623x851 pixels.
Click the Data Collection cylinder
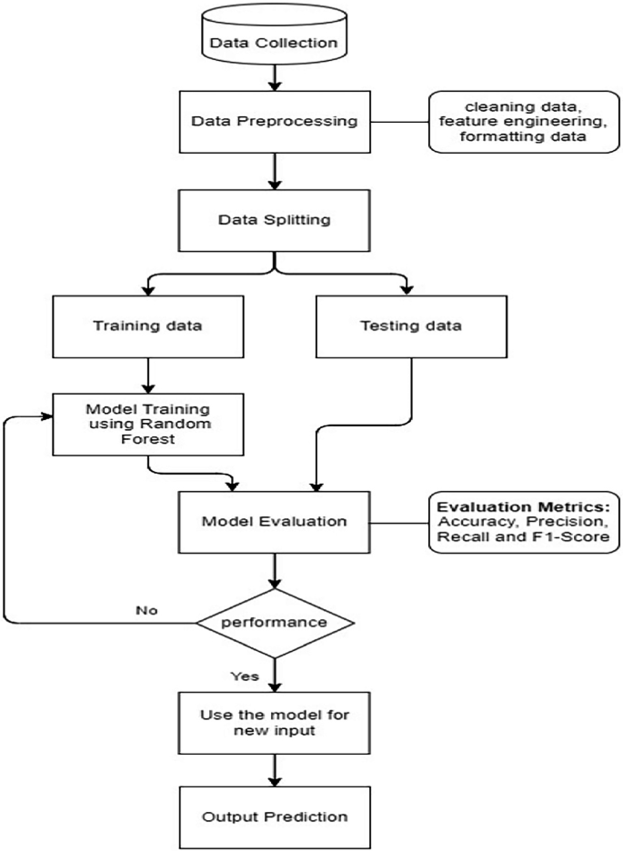pyautogui.click(x=274, y=41)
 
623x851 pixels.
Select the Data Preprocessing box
pyautogui.click(x=274, y=122)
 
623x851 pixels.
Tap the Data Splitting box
pyautogui.click(x=274, y=219)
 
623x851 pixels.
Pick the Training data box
pyautogui.click(x=149, y=325)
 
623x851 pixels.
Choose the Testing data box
pyautogui.click(x=410, y=325)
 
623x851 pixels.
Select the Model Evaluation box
pyautogui.click(x=274, y=522)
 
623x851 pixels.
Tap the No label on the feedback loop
pyautogui.click(x=146, y=610)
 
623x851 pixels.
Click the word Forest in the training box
pyautogui.click(x=149, y=438)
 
